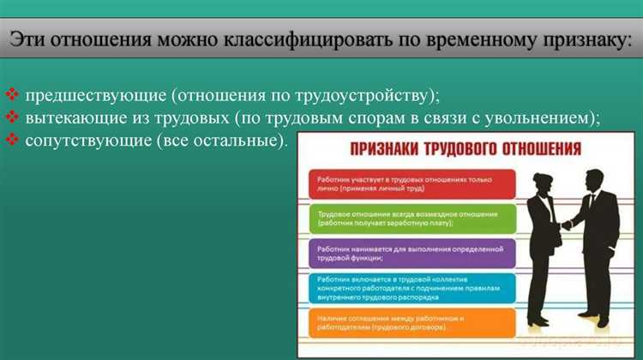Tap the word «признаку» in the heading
click(x=573, y=40)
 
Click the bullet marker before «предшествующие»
click(x=11, y=93)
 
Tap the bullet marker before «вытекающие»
click(x=11, y=117)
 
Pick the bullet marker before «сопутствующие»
click(x=11, y=139)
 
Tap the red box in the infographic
click(x=412, y=184)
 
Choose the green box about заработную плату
click(x=412, y=219)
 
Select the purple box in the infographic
click(x=412, y=254)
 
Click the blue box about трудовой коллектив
click(x=412, y=288)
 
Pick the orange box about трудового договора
click(x=412, y=323)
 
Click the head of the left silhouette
click(x=545, y=183)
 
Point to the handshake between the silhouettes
click(x=568, y=227)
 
